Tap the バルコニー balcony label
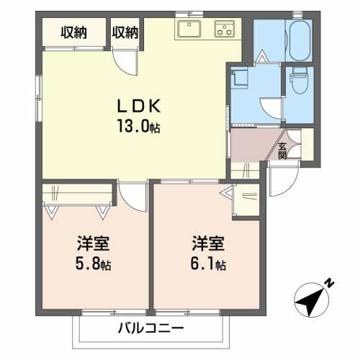tap(151, 328)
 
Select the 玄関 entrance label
tap(282, 150)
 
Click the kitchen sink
tap(191, 30)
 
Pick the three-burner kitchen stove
tap(225, 30)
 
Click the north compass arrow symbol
tap(310, 296)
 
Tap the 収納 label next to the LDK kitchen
tap(125, 32)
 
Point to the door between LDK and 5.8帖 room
tap(131, 192)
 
